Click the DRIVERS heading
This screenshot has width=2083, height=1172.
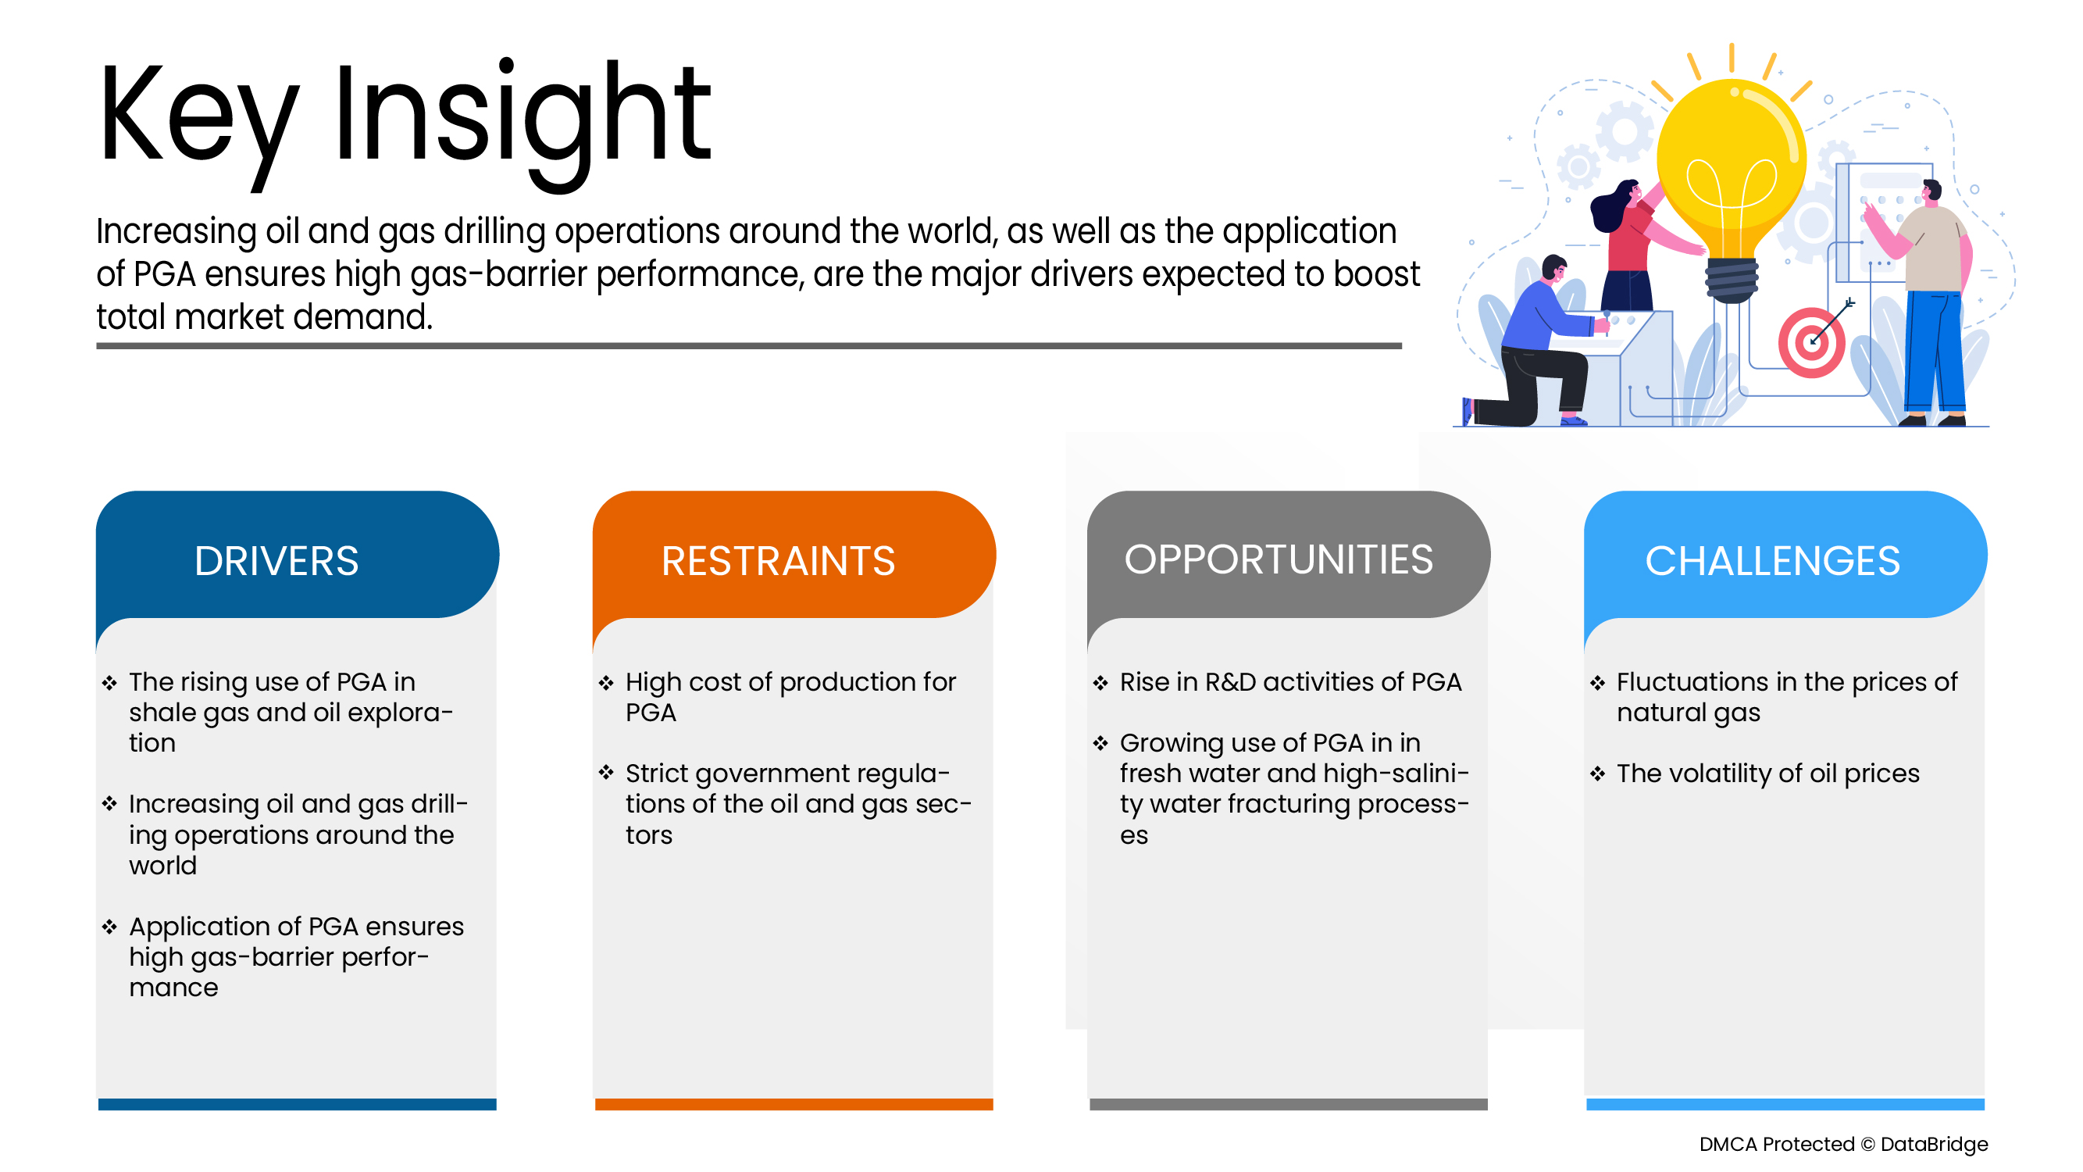[x=276, y=561]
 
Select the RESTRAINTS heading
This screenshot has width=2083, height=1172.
[x=778, y=561]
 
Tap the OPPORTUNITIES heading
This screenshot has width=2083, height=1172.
[x=1279, y=559]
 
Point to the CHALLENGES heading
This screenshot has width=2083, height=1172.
[x=1772, y=561]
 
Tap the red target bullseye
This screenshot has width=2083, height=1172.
[x=1812, y=342]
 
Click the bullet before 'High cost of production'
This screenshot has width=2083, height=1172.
[x=606, y=683]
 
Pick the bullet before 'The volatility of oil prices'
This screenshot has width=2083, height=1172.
[x=1597, y=774]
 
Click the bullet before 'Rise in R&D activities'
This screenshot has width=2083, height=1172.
[x=1100, y=683]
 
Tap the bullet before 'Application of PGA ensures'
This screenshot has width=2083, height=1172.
[x=109, y=927]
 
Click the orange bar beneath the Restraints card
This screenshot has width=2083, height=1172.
[x=794, y=1104]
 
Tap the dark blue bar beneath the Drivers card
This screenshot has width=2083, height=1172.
[x=298, y=1104]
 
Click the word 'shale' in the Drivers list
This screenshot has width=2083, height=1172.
[x=162, y=713]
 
